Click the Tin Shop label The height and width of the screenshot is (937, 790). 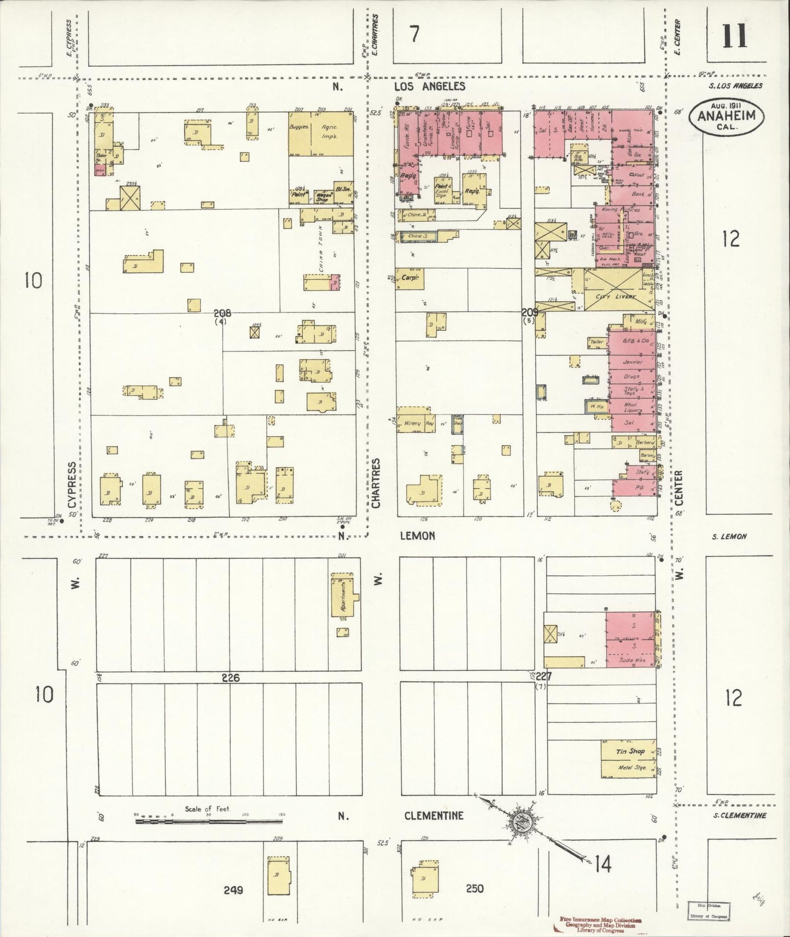[630, 751]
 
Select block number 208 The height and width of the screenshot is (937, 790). [223, 313]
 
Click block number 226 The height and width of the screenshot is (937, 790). [231, 678]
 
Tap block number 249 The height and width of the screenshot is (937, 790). [233, 890]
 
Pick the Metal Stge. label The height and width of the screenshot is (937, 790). [631, 768]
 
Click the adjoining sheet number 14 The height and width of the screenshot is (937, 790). [604, 864]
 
